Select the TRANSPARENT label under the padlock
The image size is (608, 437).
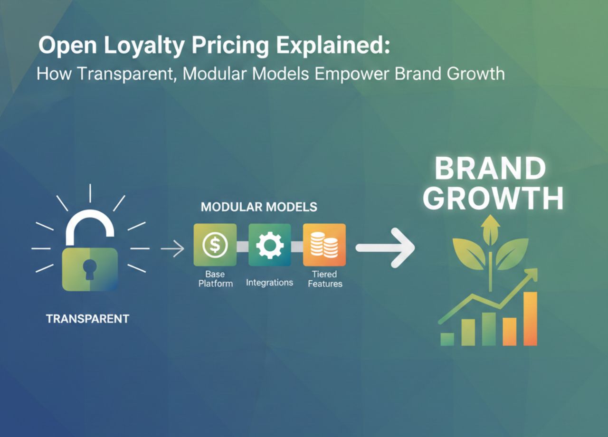click(x=87, y=319)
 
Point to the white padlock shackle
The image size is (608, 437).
click(x=90, y=226)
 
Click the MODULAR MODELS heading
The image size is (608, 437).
click(x=259, y=207)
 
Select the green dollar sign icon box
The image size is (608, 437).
click(x=215, y=245)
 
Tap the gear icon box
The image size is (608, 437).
click(x=269, y=245)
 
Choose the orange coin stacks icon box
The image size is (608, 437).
click(x=324, y=245)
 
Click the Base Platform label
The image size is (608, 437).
click(x=215, y=279)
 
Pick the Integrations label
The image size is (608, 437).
click(x=269, y=283)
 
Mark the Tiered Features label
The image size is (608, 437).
click(x=325, y=279)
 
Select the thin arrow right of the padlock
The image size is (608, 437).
click(x=172, y=248)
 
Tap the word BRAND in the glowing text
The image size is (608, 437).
click(x=490, y=169)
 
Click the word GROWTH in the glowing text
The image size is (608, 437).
click(x=493, y=198)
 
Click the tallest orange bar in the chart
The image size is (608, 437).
click(x=530, y=318)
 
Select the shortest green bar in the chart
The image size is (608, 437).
click(x=447, y=339)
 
